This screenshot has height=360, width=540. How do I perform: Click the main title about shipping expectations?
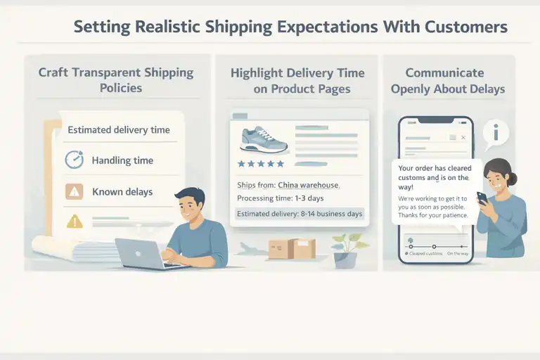pyautogui.click(x=290, y=27)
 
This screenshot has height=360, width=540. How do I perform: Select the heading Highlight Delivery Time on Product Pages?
pyautogui.click(x=298, y=81)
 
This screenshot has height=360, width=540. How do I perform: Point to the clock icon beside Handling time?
pyautogui.click(x=74, y=160)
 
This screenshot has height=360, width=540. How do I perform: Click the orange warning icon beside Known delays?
pyautogui.click(x=74, y=191)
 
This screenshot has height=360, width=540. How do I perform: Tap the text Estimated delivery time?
pyautogui.click(x=118, y=129)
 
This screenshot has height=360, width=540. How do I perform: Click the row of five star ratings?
pyautogui.click(x=261, y=164)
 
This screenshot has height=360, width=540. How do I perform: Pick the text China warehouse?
pyautogui.click(x=309, y=185)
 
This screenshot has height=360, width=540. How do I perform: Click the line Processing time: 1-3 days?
pyautogui.click(x=279, y=199)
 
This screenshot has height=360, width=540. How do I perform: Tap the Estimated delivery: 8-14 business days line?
pyautogui.click(x=300, y=214)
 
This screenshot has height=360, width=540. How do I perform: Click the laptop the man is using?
pyautogui.click(x=143, y=253)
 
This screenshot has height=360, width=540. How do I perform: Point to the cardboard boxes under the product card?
pyautogui.click(x=292, y=247)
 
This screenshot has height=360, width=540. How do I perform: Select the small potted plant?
pyautogui.click(x=345, y=249)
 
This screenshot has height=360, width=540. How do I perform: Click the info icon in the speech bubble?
pyautogui.click(x=500, y=132)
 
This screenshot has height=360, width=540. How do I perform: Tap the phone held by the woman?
pyautogui.click(x=482, y=198)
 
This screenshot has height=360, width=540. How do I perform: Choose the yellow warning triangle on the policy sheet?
pyautogui.click(x=74, y=221)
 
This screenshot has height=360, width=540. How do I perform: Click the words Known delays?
pyautogui.click(x=122, y=191)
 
